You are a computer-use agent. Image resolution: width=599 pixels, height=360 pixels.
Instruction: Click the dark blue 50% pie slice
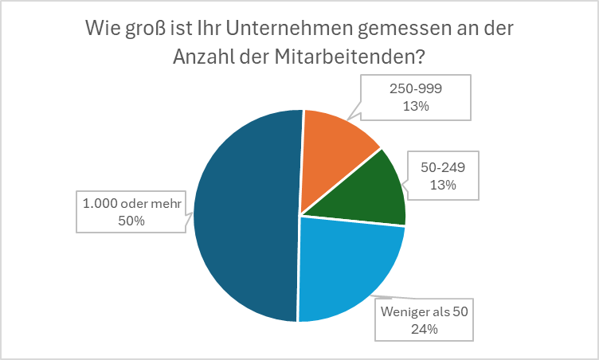point(243,215)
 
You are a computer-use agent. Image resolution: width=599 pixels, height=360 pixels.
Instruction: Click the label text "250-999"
point(415,90)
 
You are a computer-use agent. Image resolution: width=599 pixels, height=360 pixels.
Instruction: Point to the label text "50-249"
point(442,168)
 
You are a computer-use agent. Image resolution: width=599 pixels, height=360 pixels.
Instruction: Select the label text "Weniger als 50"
point(426,311)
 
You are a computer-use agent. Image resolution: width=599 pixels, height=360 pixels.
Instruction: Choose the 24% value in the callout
point(426,328)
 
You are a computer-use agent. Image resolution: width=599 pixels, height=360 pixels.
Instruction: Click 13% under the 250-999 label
point(415,107)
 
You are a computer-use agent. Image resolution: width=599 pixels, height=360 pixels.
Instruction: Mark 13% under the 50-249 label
point(442,185)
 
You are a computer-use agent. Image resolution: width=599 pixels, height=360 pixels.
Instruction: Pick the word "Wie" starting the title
point(104,29)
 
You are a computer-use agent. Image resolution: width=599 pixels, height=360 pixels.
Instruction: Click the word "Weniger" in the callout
point(403,311)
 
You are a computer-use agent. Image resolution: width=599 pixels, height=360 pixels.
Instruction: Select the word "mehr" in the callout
point(167,204)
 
